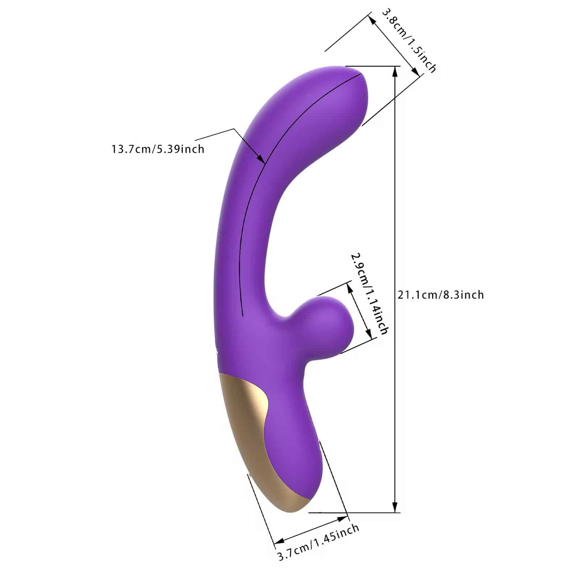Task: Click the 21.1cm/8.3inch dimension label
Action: point(441,295)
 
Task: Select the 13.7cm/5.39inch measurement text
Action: point(158,149)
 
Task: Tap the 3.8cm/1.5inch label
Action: point(409,40)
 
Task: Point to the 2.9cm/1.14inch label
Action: point(369,294)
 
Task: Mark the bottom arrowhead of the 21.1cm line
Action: point(395,507)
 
